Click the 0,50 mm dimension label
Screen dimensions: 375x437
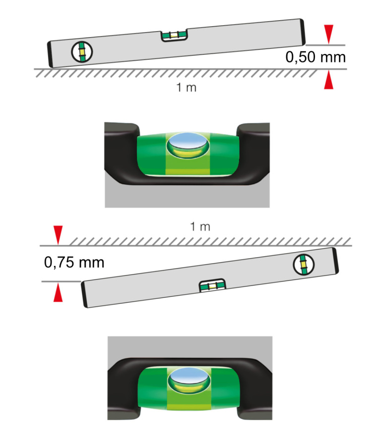(315, 57)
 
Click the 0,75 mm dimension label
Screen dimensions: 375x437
(74, 262)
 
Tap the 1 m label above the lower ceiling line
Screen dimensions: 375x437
(200, 227)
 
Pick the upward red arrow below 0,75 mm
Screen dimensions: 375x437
(59, 294)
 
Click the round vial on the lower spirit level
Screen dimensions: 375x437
(302, 265)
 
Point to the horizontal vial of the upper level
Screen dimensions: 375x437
(174, 36)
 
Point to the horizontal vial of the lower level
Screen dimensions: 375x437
(212, 286)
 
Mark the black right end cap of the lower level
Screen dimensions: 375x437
(336, 260)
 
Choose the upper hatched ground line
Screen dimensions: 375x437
(176, 72)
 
